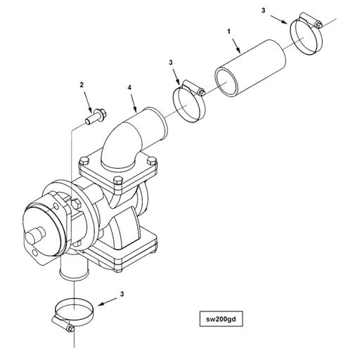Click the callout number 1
[229, 32]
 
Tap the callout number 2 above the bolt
[82, 85]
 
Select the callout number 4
[129, 87]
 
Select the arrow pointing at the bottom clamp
[107, 302]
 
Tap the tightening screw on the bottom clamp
[62, 323]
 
